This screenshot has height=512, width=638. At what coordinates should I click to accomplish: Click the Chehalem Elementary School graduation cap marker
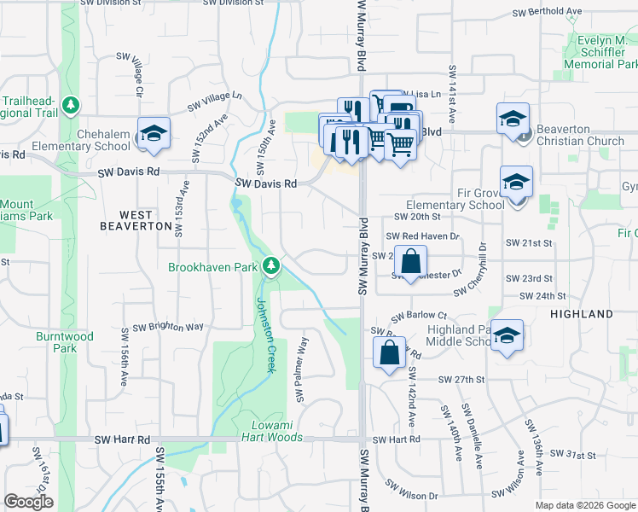click(x=154, y=133)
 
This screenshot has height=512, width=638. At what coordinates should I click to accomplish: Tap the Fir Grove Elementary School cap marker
click(x=516, y=183)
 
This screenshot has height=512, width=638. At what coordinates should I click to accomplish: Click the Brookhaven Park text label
click(x=212, y=267)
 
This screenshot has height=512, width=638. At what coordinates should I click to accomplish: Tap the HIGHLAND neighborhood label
click(x=582, y=314)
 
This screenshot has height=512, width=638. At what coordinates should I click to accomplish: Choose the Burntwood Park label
click(x=65, y=342)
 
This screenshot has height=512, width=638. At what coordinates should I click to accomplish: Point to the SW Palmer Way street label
click(x=301, y=369)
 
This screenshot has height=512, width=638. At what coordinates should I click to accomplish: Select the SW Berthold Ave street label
click(x=546, y=13)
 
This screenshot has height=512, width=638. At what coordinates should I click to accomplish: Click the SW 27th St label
click(x=461, y=379)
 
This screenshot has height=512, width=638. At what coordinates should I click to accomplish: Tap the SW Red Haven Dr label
click(x=422, y=236)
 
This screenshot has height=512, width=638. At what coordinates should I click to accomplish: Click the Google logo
click(x=28, y=502)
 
